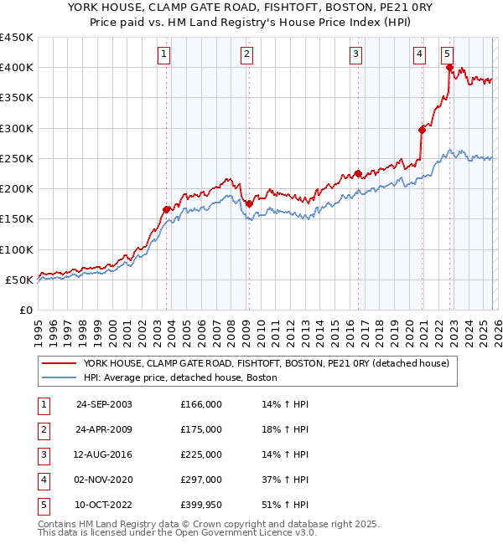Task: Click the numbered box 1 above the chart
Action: click(x=163, y=55)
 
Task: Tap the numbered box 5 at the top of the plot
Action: click(x=448, y=55)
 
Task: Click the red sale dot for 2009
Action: click(x=249, y=203)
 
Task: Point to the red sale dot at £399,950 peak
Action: click(x=450, y=68)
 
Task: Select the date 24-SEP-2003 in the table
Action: click(x=104, y=404)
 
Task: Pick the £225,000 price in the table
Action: click(x=201, y=454)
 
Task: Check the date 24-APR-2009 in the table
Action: click(x=104, y=429)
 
